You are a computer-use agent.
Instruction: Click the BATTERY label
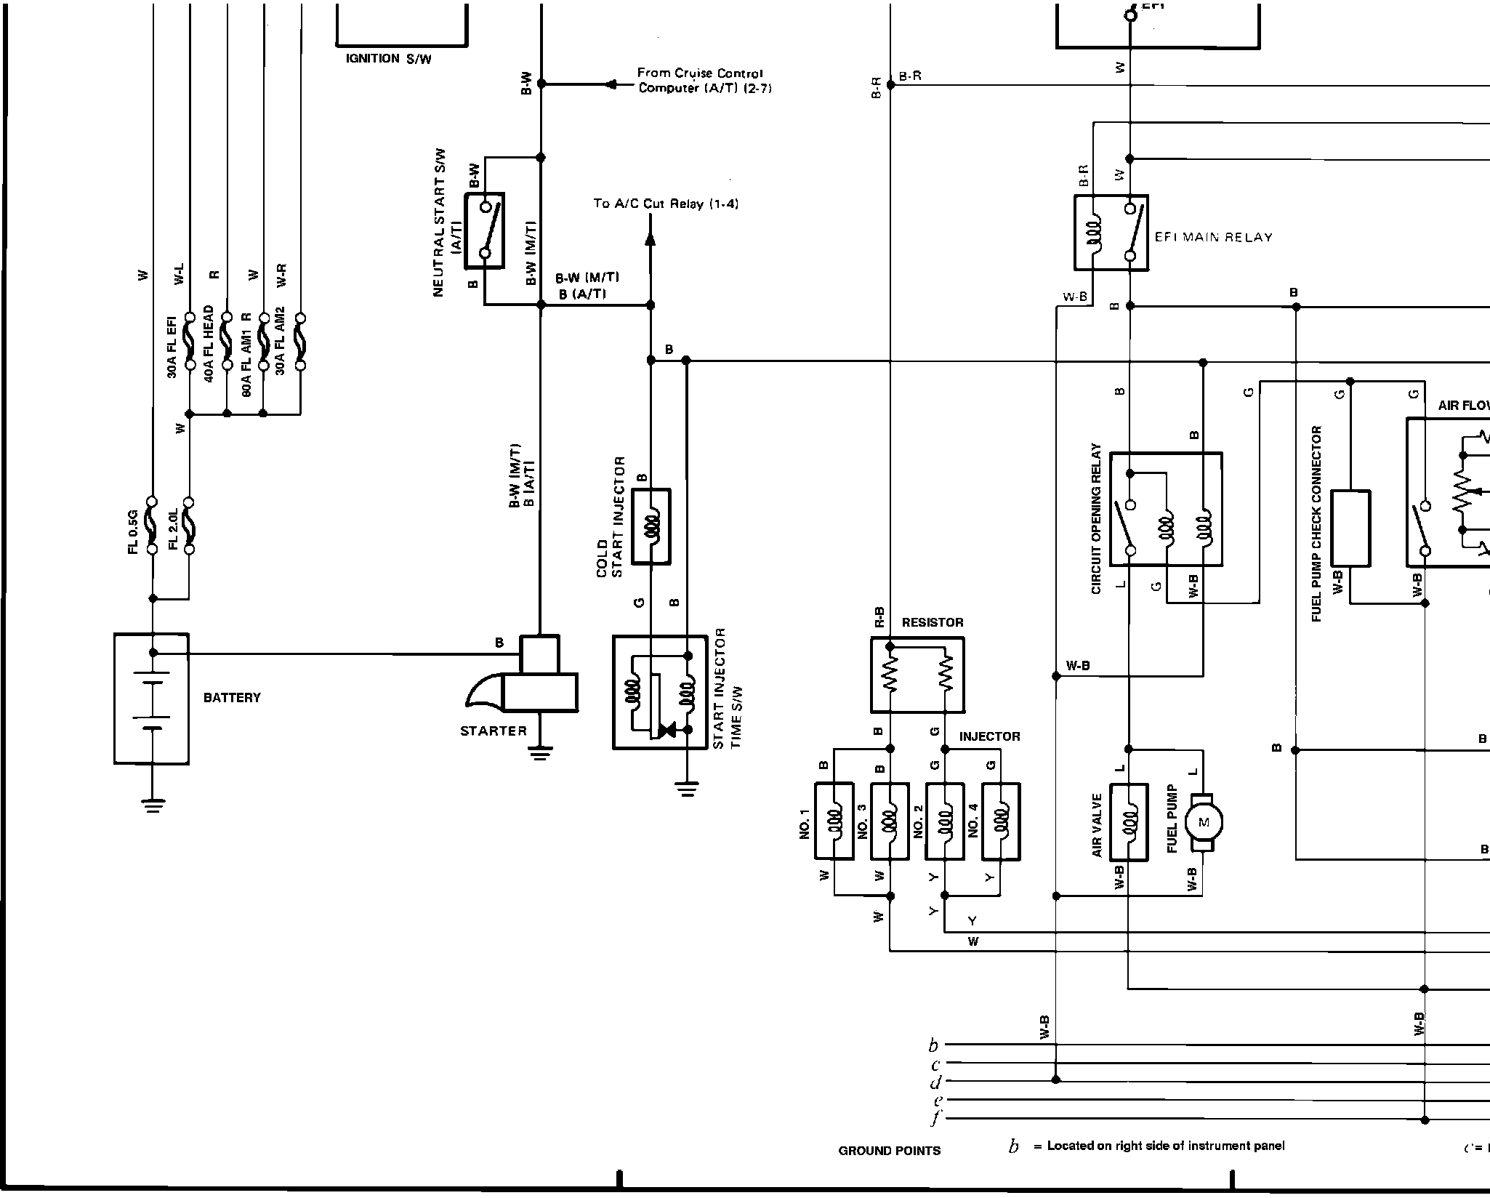[x=231, y=698]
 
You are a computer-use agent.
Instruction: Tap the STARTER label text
[x=494, y=731]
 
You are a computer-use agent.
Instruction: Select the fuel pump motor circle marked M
[x=1203, y=822]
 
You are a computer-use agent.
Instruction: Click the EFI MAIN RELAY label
[x=1214, y=237]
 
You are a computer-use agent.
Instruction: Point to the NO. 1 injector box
[x=834, y=821]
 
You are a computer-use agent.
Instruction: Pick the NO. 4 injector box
[x=1000, y=821]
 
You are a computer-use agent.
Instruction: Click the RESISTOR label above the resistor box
[x=933, y=622]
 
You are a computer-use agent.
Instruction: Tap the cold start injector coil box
[x=651, y=526]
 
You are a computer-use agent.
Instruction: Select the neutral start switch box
[x=486, y=230]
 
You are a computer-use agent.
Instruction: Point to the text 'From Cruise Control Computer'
[x=700, y=81]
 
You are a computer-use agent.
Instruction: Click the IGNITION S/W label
[x=388, y=59]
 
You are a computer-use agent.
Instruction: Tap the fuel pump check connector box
[x=1350, y=528]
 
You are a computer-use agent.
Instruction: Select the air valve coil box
[x=1129, y=821]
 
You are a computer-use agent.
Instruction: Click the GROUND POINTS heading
[x=889, y=1151]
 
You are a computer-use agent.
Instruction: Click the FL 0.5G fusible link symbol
[x=152, y=525]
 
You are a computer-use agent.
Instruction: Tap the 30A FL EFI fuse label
[x=172, y=347]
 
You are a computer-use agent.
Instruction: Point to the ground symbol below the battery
[x=152, y=805]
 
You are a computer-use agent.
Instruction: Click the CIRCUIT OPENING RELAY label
[x=1096, y=519]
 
